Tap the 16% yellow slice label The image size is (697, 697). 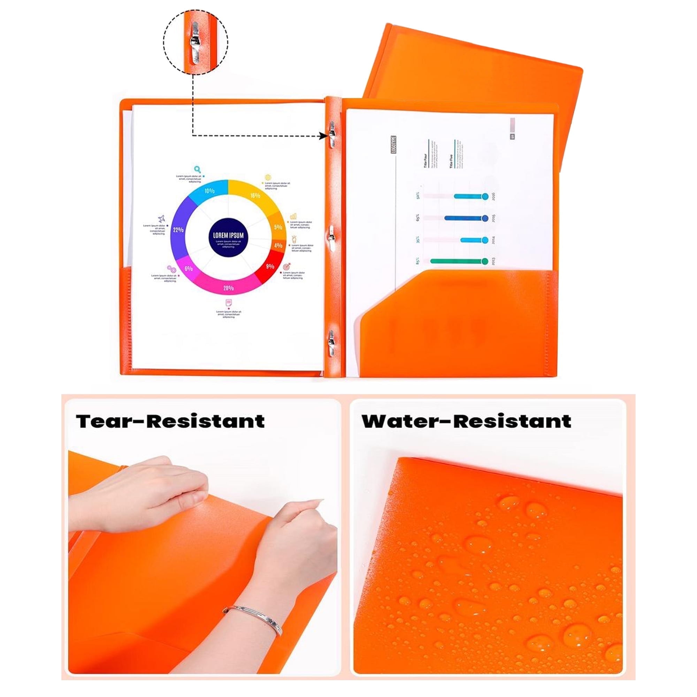(x=255, y=195)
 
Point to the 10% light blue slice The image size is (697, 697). (x=209, y=191)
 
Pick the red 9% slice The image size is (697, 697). (x=270, y=266)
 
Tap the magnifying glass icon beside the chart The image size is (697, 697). (x=197, y=169)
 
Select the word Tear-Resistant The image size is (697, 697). (x=170, y=421)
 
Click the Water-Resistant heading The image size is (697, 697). (x=467, y=421)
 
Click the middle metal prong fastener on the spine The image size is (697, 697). (x=331, y=236)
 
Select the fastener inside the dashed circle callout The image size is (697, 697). (x=195, y=43)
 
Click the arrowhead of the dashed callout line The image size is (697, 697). (x=323, y=136)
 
